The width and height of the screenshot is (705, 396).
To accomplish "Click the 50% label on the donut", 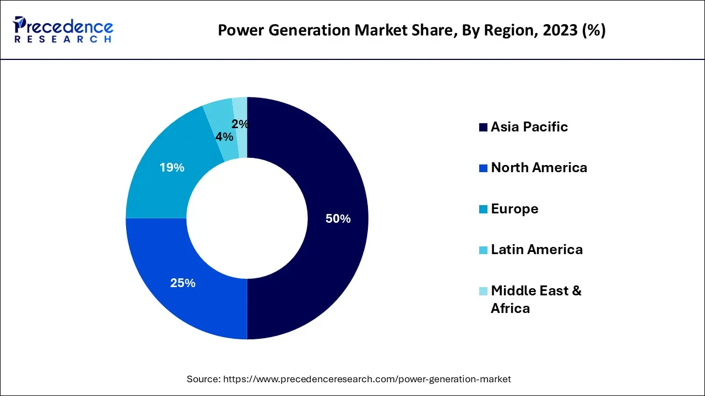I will point(338,219).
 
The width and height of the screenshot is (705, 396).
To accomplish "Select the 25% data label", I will point(182,283).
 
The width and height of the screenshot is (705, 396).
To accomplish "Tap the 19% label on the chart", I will point(172,168).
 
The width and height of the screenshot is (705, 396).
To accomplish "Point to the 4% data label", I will point(224,137).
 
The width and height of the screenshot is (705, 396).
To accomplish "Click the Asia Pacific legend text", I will point(529,127).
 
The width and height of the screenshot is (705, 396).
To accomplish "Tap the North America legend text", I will point(539,168).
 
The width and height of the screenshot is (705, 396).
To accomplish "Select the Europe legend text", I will point(514,209).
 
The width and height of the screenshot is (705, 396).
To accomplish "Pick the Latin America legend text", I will point(536,250).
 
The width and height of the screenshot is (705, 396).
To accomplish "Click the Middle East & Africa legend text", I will point(535,299).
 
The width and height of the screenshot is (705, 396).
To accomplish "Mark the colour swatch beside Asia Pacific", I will point(483,128).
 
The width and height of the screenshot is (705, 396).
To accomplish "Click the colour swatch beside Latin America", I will point(483,250).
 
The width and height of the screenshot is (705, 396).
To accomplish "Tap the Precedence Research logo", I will point(63,30).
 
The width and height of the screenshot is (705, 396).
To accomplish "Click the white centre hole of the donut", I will point(247,218).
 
